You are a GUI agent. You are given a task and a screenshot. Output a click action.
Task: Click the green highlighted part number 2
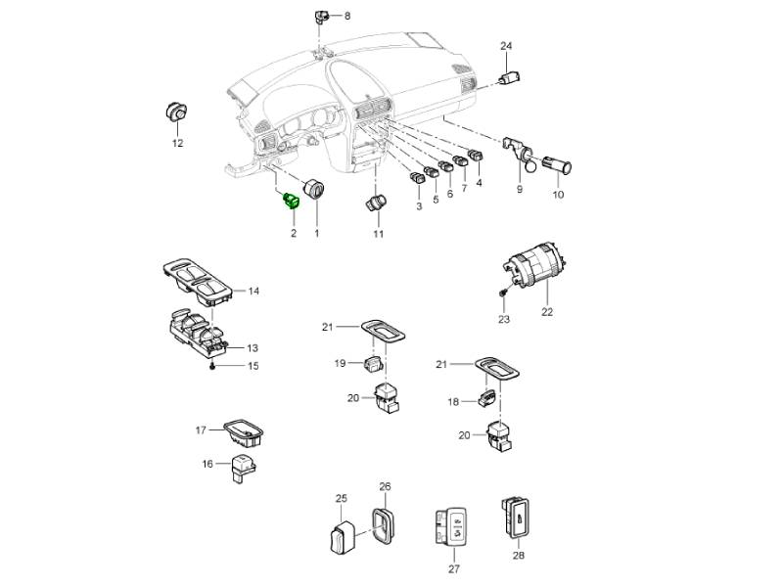(x=292, y=201)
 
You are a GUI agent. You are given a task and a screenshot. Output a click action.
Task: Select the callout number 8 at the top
(x=347, y=16)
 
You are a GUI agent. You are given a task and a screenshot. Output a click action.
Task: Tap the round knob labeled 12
(x=176, y=111)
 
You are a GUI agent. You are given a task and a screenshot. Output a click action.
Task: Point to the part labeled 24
(x=510, y=77)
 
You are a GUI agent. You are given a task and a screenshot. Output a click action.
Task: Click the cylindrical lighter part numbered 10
(x=557, y=164)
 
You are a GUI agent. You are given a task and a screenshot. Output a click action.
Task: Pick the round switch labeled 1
(x=314, y=189)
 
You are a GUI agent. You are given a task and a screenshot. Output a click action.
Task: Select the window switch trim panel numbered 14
(x=198, y=282)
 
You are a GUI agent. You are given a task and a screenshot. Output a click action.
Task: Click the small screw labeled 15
(x=213, y=366)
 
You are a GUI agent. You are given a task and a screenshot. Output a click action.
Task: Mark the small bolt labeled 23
(x=503, y=293)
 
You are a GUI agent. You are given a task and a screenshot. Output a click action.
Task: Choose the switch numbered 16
(x=242, y=468)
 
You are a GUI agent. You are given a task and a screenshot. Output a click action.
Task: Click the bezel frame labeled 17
(x=244, y=432)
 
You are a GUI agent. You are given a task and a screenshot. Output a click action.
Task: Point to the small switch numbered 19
(x=374, y=362)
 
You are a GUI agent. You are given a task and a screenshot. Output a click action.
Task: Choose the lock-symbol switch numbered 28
(x=516, y=518)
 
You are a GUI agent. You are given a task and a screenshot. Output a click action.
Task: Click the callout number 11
(x=379, y=234)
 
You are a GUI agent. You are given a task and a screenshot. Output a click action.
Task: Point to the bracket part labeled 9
(x=518, y=151)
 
